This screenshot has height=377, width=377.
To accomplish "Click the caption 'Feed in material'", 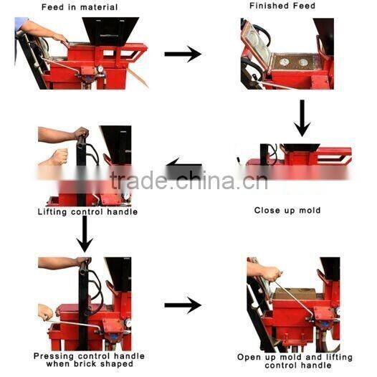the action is coord(80,7).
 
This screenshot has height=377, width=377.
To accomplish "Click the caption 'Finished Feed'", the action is coord(282,6).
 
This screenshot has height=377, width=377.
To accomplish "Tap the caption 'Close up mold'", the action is coord(287,211).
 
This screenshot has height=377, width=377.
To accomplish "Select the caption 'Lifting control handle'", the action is coord(87,212).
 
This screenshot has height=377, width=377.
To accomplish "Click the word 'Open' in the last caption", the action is coord(249,357).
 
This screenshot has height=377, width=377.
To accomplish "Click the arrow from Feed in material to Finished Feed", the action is coord(183,54).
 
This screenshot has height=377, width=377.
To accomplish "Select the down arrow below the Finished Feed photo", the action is coord(302,118).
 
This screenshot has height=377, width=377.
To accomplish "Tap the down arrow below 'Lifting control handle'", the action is coord(85,234).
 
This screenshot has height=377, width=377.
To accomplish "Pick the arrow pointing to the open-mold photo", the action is coord(183,305).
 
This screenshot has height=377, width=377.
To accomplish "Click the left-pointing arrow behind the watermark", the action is coord(184,168).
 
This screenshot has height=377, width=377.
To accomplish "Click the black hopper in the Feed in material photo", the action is coord(110,32).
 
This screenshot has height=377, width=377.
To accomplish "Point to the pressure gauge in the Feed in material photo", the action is coord(100,69).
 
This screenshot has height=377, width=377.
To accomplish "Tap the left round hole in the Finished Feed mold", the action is coord(285,62).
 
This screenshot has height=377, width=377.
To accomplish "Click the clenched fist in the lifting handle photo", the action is coord(57,157).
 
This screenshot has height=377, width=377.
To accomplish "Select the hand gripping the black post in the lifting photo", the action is coord(81,133).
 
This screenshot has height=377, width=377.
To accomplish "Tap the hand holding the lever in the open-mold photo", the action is coord(271,274).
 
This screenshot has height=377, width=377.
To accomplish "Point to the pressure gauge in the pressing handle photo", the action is coord(128,323).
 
